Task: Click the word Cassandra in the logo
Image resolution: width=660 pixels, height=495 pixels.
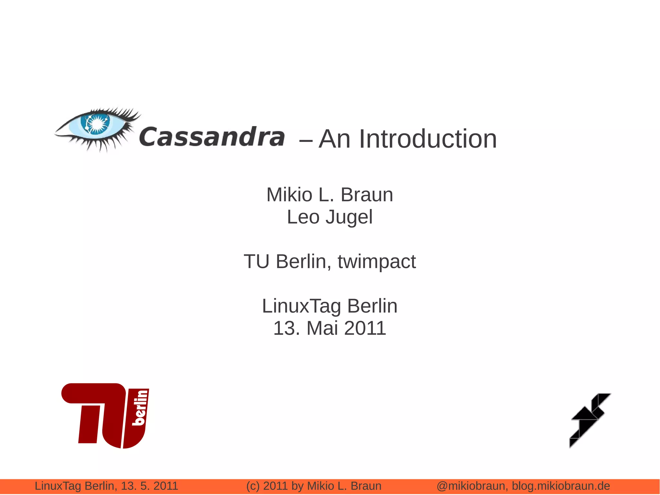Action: point(212,137)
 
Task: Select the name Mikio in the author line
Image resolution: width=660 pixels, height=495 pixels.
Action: point(289,195)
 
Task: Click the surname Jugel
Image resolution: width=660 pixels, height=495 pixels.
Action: point(349,217)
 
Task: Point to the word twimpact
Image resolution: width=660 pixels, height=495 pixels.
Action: point(376,262)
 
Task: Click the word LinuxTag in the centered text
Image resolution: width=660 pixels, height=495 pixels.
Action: point(301,306)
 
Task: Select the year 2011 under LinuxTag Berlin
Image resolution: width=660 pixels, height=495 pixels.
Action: point(365,328)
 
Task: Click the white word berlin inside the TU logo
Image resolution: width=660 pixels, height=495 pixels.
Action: point(140,408)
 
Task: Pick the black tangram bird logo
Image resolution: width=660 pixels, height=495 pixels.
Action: point(589,420)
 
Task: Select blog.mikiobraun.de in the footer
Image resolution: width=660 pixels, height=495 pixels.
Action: point(561,486)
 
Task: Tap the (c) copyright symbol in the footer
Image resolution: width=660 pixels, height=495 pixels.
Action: point(253,486)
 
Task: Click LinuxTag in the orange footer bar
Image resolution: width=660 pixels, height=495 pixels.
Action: point(58,486)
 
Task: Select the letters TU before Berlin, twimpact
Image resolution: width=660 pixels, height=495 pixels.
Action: point(257,262)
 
